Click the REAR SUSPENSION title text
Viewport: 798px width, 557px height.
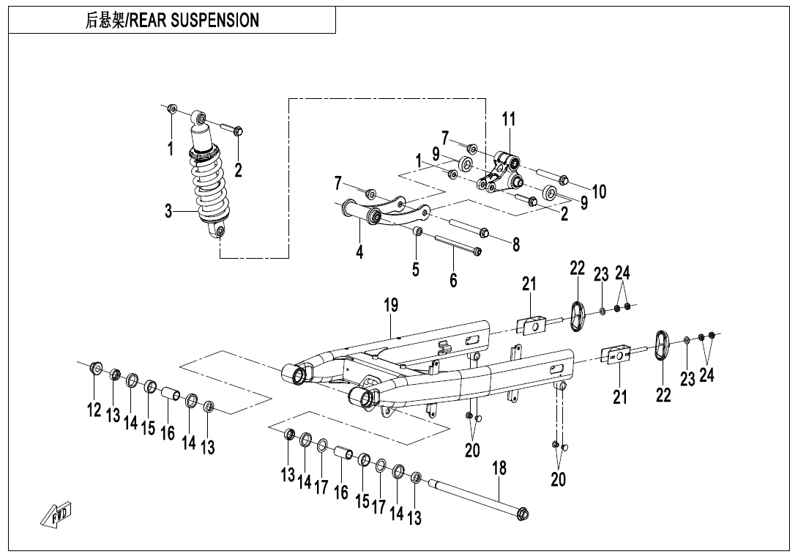173,21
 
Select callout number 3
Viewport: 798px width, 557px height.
168,213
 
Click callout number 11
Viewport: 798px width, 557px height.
509,119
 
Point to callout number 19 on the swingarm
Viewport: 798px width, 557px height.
391,305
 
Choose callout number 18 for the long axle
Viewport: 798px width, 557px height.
499,468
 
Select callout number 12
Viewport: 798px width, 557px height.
94,410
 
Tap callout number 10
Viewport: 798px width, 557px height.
599,192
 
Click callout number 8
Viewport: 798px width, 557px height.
516,245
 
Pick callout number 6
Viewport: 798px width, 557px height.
453,279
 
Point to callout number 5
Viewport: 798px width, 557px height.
415,269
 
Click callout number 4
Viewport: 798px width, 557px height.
359,251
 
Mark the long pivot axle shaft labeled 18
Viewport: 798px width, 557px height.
476,499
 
